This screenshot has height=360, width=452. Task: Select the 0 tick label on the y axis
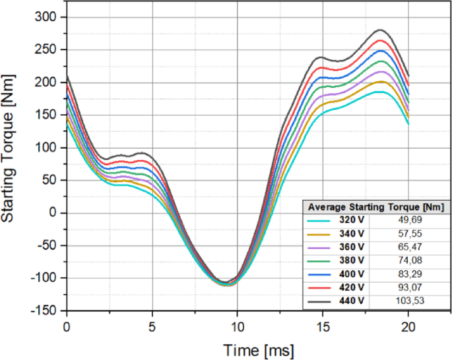[55, 213]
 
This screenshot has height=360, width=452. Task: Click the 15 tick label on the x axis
[323, 327]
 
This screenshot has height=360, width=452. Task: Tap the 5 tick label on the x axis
[152, 327]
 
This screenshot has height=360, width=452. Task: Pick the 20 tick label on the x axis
[408, 327]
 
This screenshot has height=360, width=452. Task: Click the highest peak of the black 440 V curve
[380, 30]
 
